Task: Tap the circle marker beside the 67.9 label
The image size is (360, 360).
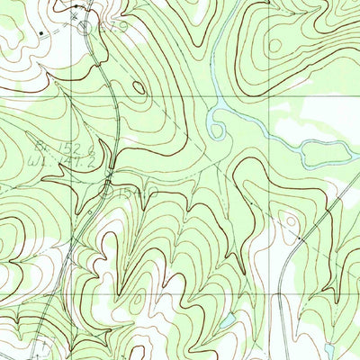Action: point(87,28)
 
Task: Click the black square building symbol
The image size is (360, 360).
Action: point(41,32)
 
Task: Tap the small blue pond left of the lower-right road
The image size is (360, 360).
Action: point(229,320)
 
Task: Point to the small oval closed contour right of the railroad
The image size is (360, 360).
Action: point(139,87)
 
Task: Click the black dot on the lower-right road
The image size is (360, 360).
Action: point(298,238)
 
